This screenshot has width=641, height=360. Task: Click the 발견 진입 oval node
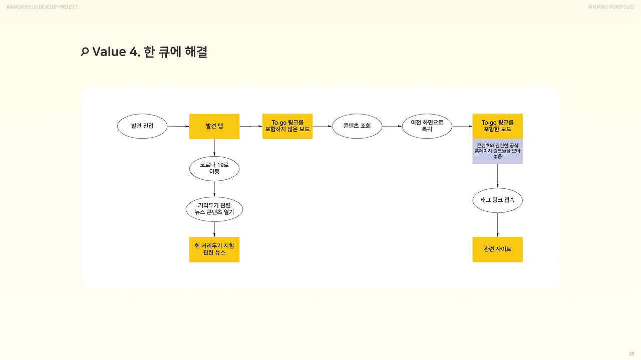(142, 126)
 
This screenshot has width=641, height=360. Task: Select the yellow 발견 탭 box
(214, 126)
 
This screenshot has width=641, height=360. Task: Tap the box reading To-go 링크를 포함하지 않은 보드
(287, 126)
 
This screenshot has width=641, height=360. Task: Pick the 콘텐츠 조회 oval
(357, 126)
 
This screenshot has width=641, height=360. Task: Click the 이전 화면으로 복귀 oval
(427, 126)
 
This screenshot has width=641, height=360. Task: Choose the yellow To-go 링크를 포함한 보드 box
(497, 126)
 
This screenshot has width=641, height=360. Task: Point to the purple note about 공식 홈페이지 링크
(497, 151)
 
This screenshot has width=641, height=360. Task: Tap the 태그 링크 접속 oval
(497, 200)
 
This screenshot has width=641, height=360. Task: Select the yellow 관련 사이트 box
(497, 249)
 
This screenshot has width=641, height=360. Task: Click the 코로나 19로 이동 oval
(214, 169)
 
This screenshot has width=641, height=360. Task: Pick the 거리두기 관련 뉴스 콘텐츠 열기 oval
(214, 209)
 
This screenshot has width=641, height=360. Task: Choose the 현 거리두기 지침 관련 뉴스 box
(214, 249)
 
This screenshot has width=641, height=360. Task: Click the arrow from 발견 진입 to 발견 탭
(178, 126)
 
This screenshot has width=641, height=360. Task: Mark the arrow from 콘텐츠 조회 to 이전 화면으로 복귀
(392, 126)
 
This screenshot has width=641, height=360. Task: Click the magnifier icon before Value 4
(85, 52)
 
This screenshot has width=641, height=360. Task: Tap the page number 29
(631, 353)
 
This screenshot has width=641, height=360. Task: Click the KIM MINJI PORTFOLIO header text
(611, 7)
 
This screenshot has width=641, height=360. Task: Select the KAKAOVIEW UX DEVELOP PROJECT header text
(43, 7)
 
